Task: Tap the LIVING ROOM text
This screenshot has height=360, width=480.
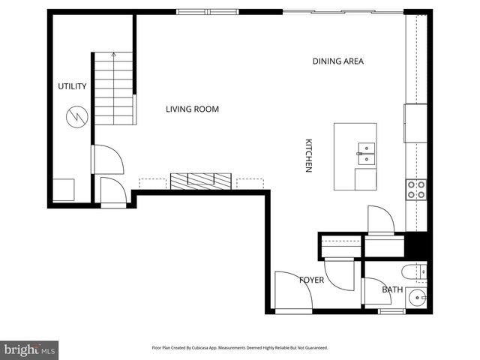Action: [192, 109]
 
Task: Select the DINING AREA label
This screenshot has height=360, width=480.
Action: [337, 61]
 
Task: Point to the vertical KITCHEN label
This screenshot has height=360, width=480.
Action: [307, 156]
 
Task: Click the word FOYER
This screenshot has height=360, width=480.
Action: [311, 280]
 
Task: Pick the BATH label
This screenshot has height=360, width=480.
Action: [391, 289]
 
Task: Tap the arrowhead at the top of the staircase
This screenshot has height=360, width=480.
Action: [113, 55]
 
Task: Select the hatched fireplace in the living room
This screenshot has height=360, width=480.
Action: [201, 181]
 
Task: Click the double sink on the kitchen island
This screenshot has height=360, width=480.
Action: [364, 154]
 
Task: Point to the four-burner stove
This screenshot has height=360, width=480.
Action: [415, 190]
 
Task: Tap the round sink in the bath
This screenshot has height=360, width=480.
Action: [416, 298]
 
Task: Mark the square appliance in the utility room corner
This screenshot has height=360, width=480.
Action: [62, 190]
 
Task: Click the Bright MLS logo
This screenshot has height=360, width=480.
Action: [29, 349]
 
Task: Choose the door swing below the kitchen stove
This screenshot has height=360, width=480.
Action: [380, 220]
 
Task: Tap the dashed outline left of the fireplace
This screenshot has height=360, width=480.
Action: [152, 183]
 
